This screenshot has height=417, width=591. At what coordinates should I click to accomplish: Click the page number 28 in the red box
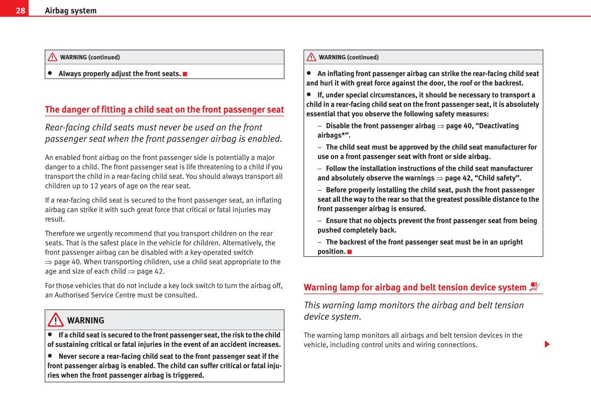click(20, 11)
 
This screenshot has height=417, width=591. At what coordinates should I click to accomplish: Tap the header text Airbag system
click(70, 11)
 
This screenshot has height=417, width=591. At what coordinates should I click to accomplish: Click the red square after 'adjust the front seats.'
click(185, 74)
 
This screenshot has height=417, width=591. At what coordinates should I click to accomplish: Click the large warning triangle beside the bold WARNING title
click(55, 320)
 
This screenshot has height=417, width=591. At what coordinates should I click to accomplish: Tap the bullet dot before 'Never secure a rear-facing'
click(50, 356)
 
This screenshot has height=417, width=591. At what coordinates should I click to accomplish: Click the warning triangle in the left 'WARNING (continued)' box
click(52, 57)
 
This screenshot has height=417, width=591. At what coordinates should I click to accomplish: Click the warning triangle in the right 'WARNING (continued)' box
click(311, 57)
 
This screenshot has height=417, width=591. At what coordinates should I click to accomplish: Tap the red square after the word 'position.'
click(350, 252)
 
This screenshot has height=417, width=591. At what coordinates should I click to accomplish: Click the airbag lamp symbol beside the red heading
click(534, 287)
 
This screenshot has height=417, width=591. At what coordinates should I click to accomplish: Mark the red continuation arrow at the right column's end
click(547, 344)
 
